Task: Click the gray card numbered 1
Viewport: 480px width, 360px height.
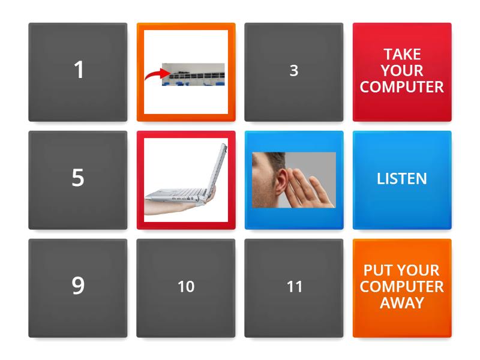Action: (78, 72)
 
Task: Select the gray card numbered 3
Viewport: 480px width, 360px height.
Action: (294, 72)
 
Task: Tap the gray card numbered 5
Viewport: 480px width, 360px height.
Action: (78, 180)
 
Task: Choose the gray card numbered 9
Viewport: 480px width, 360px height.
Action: (78, 288)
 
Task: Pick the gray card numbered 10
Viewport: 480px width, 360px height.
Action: (186, 288)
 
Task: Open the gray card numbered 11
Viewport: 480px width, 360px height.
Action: (294, 288)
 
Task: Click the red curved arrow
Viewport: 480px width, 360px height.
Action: (155, 74)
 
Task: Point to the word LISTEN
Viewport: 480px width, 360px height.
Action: (401, 178)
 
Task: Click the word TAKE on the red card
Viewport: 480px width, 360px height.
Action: (403, 55)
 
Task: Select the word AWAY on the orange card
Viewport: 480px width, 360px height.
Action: (402, 303)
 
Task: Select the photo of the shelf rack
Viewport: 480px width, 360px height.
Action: (193, 74)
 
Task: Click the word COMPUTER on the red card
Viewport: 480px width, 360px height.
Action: (402, 87)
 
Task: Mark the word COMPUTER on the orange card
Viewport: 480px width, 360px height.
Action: (402, 287)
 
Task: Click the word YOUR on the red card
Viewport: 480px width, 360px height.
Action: (402, 71)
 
